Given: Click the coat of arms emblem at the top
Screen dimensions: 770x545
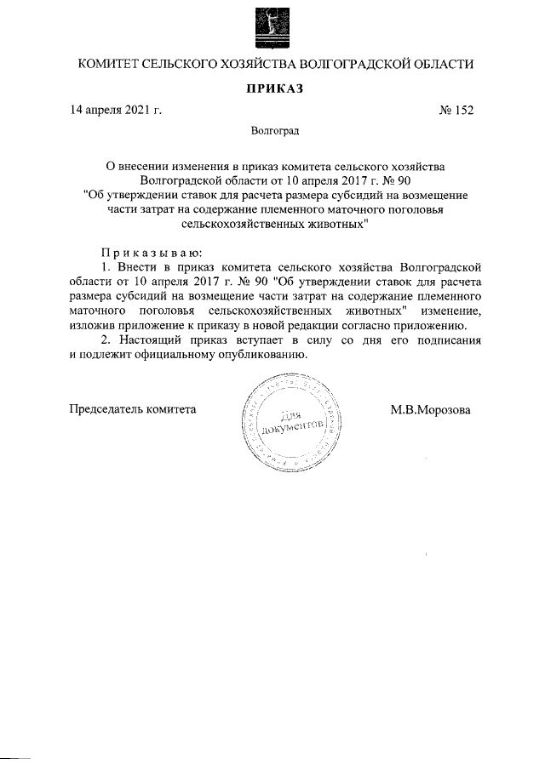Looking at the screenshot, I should click(x=272, y=26).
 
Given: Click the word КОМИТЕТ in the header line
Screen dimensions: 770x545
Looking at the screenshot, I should click(x=107, y=65).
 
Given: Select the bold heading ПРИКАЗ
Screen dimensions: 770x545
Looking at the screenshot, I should click(x=272, y=88).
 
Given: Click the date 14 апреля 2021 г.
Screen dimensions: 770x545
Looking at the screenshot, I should click(x=117, y=110).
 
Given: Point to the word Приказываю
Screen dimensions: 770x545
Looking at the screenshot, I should click(x=151, y=252).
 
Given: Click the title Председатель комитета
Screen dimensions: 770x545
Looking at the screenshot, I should click(x=132, y=408).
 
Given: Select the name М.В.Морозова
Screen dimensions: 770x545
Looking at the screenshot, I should click(x=430, y=408).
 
